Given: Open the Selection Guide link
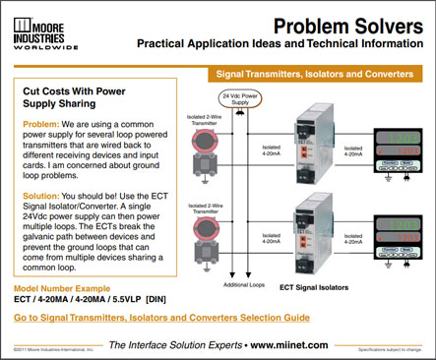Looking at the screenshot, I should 161,318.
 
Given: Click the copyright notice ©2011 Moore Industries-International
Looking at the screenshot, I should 54,348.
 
